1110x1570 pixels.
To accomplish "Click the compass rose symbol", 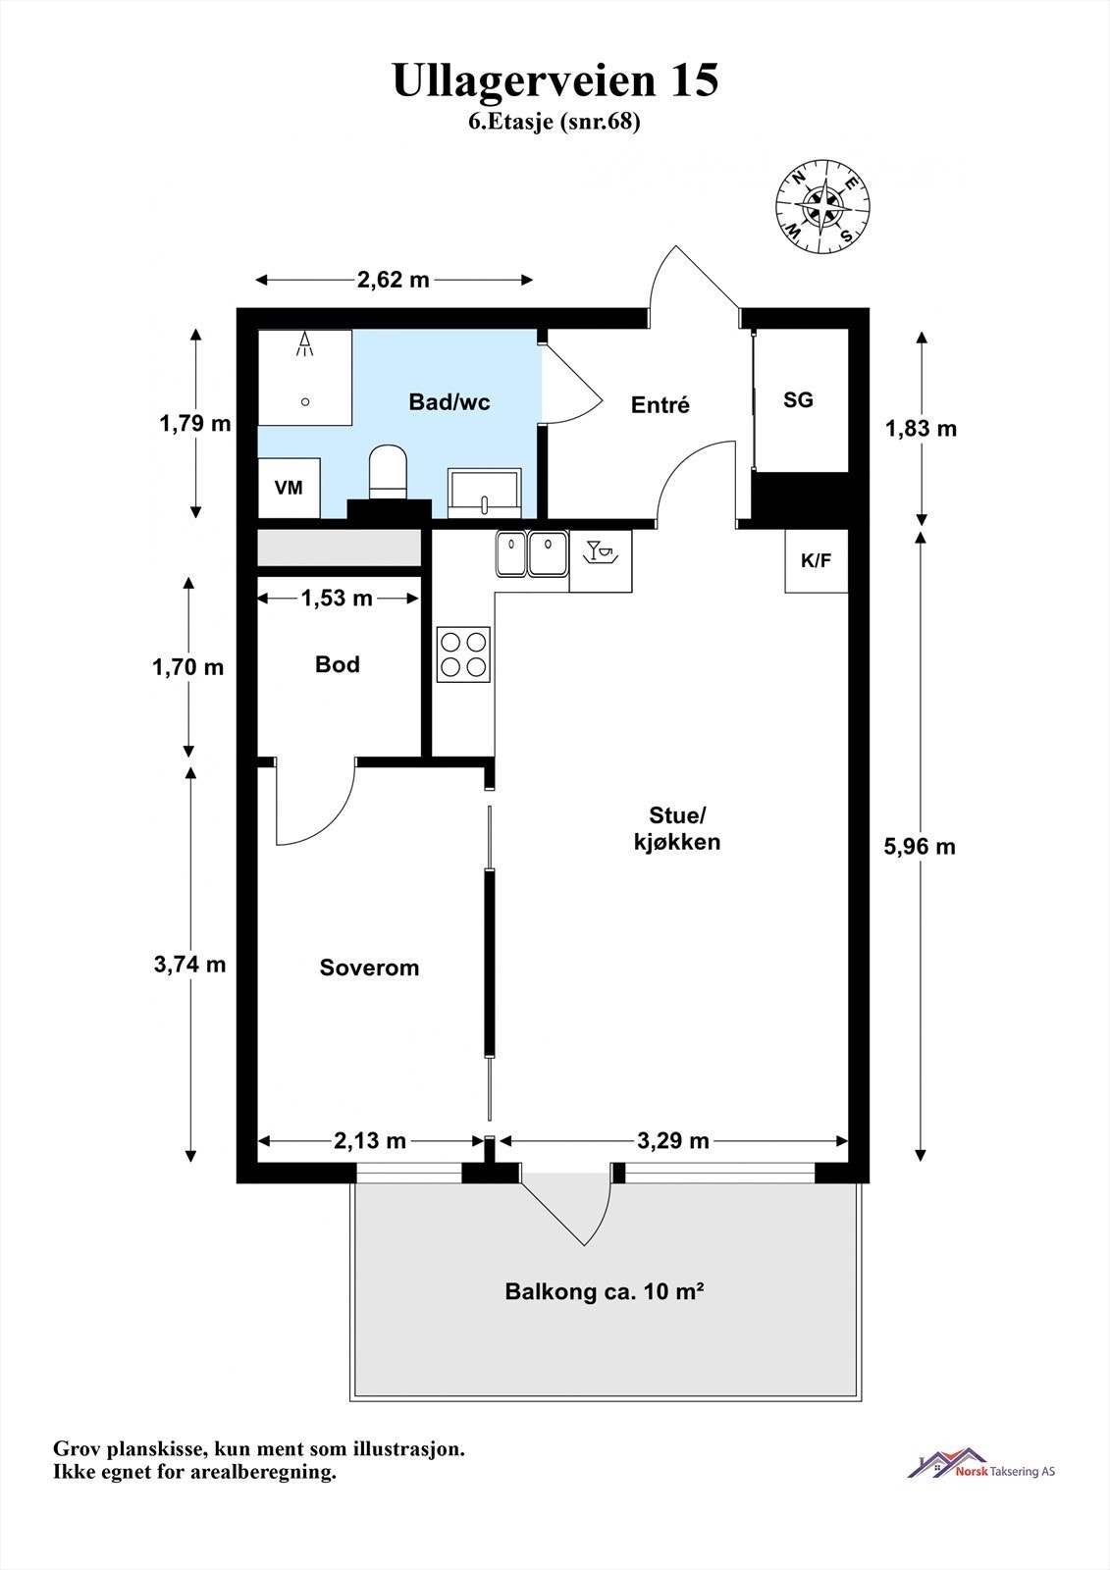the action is click(822, 207).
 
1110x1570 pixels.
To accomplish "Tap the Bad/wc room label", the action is click(449, 402).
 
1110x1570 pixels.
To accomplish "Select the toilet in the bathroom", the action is click(388, 471).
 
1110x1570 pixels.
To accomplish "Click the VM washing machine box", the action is click(289, 488).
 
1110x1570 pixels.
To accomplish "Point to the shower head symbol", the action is click(304, 344).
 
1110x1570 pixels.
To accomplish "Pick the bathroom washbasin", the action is click(484, 492).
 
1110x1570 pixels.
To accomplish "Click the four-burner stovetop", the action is click(463, 654).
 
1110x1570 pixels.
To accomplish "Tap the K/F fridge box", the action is click(817, 560).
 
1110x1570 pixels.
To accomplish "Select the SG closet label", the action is click(798, 400).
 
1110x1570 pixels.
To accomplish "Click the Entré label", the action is click(660, 404).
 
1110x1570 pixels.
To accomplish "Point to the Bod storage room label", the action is click(338, 664).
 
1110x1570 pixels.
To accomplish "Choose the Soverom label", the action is click(369, 968).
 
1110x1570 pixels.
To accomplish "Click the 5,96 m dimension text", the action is click(920, 847).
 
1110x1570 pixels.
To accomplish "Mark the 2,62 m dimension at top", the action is click(394, 280).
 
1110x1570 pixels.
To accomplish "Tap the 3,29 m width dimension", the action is click(673, 1141).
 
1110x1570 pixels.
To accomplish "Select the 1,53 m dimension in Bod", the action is click(337, 598).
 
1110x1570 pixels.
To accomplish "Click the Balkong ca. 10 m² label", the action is click(605, 1291).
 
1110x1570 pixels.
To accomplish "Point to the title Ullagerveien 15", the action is click(555, 79).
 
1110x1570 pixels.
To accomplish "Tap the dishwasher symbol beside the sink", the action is click(601, 560).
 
